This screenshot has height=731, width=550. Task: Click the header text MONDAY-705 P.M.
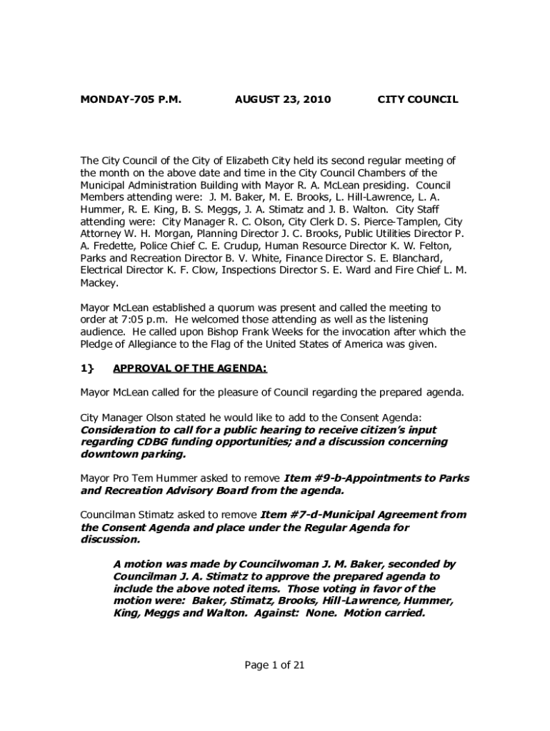tap(131, 100)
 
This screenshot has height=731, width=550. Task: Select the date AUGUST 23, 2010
tap(283, 100)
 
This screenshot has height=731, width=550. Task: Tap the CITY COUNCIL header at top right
tap(417, 100)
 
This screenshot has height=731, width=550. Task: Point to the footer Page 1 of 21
tap(275, 665)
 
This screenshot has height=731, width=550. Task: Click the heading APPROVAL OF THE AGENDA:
tap(190, 368)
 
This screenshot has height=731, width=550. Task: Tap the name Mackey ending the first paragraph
tap(99, 283)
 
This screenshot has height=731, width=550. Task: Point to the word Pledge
tap(97, 344)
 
